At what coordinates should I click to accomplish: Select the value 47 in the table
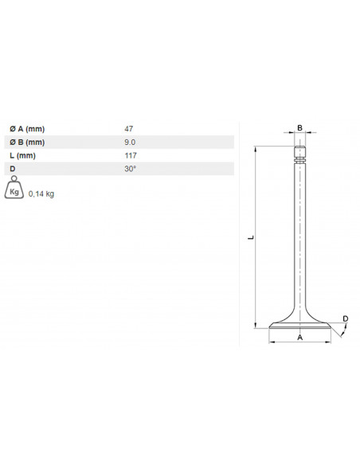pos(129,127)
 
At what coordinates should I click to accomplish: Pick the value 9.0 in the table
pos(131,142)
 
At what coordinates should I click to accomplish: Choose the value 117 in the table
pos(131,155)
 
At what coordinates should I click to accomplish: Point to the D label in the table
pos(13,169)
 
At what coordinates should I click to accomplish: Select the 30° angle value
pos(131,169)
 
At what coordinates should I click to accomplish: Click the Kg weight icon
pos(14,191)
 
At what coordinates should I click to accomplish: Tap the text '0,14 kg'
pos(41,193)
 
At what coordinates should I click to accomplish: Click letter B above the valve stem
pos(300,127)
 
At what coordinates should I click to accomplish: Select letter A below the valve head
pos(300,338)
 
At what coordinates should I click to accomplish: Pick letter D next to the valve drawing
pos(345,319)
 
